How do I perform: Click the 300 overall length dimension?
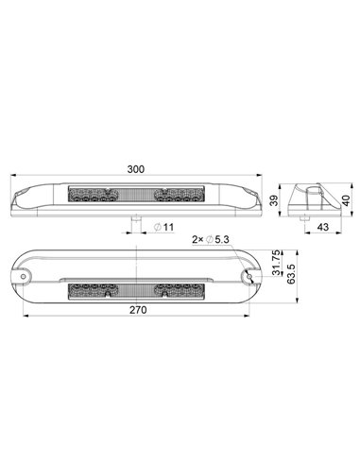click(135, 169)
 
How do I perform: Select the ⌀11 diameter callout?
click(162, 228)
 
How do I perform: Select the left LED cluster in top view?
click(93, 198)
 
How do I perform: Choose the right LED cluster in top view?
click(180, 198)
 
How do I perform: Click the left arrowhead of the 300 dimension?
click(11, 176)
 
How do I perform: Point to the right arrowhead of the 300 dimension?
click(262, 176)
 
